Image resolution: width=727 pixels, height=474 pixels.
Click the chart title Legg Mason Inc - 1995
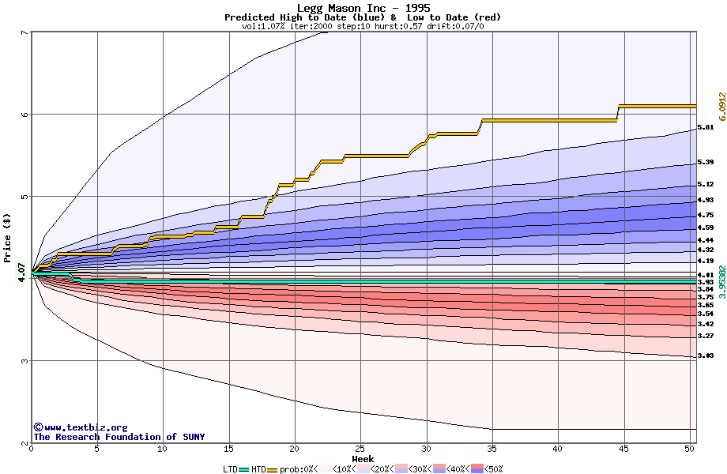pyautogui.click(x=363, y=8)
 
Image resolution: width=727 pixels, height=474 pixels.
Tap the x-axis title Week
pyautogui.click(x=363, y=458)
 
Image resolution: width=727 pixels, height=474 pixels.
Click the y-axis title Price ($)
pyautogui.click(x=7, y=237)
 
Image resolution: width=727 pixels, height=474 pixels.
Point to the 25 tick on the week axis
pyautogui.click(x=360, y=449)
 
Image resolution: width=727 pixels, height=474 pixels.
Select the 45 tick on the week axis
pyautogui.click(x=624, y=449)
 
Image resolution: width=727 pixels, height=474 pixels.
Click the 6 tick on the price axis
pyautogui.click(x=24, y=114)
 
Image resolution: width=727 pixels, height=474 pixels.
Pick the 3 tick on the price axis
pyautogui.click(x=24, y=361)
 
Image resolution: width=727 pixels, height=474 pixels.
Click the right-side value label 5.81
pyautogui.click(x=706, y=127)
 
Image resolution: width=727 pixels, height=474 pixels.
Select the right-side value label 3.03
pyautogui.click(x=706, y=356)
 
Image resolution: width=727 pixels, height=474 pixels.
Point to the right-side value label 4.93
pyautogui.click(x=706, y=201)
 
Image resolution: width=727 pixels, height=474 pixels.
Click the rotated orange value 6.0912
pyautogui.click(x=721, y=107)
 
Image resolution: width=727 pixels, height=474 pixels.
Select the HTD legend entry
pyautogui.click(x=258, y=468)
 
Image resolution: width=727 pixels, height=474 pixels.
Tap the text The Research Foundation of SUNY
pyautogui.click(x=119, y=437)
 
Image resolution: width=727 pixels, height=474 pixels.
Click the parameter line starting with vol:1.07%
pyautogui.click(x=363, y=26)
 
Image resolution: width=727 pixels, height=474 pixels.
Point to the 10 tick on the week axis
pyautogui.click(x=163, y=449)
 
